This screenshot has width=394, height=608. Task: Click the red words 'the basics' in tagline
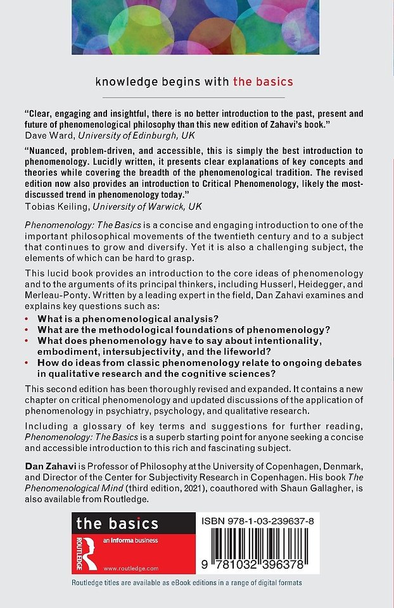pos(263,81)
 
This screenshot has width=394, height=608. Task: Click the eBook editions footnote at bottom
pos(187,582)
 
